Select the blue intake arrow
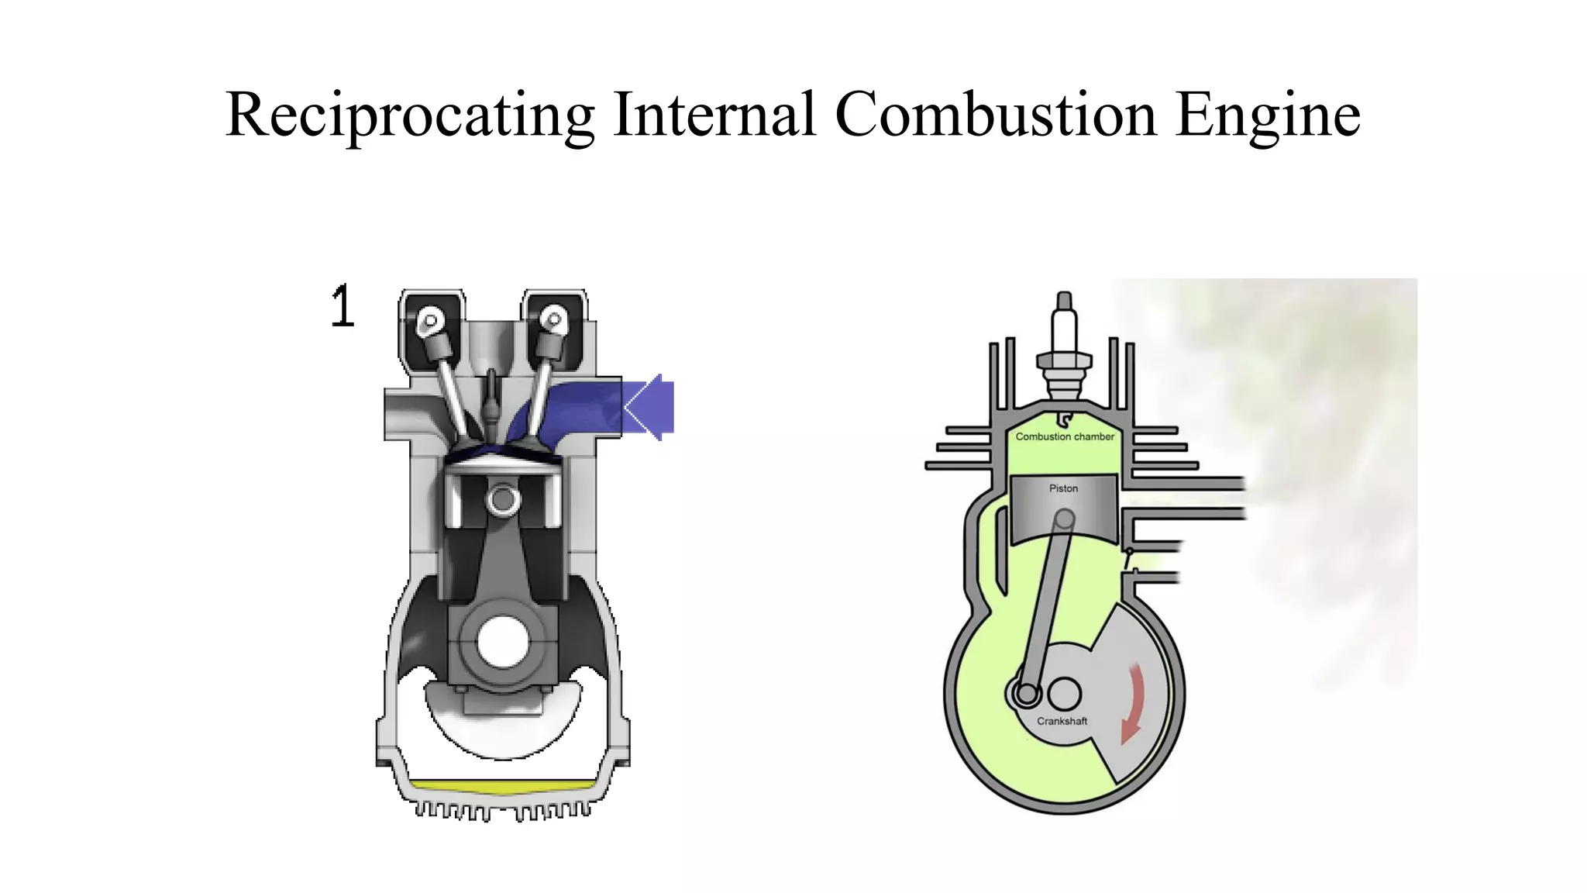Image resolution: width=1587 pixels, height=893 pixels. tap(648, 407)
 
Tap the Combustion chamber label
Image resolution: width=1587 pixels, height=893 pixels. tap(1065, 436)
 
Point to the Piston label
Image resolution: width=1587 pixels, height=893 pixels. tap(1063, 488)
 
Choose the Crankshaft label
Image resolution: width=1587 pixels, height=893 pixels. tap(1062, 721)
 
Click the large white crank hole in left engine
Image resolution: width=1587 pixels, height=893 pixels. tap(502, 641)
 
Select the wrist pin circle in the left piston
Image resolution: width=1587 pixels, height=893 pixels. tap(502, 499)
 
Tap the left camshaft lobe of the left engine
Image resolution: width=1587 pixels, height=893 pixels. tap(429, 319)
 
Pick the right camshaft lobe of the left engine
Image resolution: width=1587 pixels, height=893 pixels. tap(553, 319)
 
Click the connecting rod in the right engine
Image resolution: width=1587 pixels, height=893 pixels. tap(1046, 605)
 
